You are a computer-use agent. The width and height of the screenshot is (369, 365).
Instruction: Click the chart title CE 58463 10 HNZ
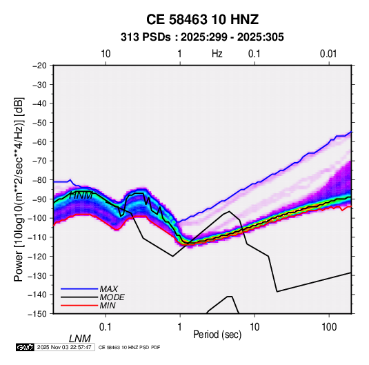[x=202, y=19]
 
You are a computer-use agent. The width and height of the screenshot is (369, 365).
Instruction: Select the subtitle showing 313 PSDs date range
[x=202, y=37]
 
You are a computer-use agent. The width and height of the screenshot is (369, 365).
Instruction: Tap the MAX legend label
[x=108, y=288]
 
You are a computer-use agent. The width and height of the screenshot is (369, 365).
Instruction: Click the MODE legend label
[x=112, y=297]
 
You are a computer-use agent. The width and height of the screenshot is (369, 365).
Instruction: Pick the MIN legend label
[x=108, y=306]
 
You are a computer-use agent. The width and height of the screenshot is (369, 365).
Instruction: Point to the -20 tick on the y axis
[x=39, y=66]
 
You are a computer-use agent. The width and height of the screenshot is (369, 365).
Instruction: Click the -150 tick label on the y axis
[x=37, y=314]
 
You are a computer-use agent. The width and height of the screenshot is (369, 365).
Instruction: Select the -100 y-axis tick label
[x=37, y=218]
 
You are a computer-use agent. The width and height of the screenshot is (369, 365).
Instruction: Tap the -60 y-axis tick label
[x=39, y=141]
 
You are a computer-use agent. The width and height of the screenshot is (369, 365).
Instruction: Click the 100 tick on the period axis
[x=329, y=327]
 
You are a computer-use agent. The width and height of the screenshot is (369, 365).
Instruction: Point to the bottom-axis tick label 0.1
[x=106, y=327]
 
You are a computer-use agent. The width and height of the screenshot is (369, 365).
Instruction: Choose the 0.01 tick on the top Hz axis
[x=328, y=54]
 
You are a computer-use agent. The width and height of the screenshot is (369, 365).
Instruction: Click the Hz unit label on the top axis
[x=217, y=54]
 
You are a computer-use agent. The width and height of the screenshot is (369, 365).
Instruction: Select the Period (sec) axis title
[x=217, y=335]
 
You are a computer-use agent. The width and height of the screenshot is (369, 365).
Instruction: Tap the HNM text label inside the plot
[x=81, y=195]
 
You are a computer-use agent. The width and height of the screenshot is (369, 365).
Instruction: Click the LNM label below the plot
[x=80, y=339]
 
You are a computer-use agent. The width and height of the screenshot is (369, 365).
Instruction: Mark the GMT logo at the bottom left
[x=25, y=347]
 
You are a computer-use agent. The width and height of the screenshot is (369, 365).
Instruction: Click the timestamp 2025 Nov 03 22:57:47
[x=64, y=347]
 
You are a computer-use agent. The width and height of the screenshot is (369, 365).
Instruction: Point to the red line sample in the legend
[x=79, y=306]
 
